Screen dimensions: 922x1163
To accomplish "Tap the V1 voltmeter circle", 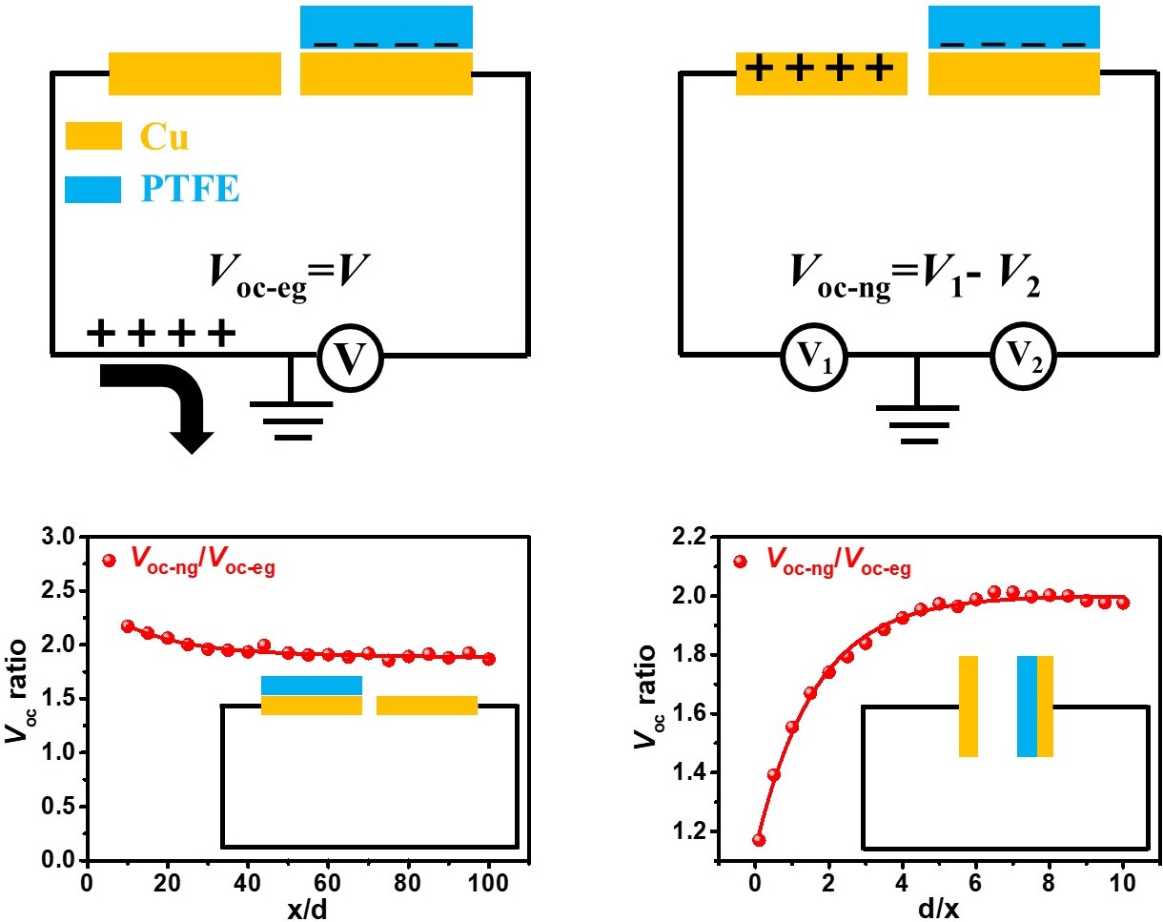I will (811, 357).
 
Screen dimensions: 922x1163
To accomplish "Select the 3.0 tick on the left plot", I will (60, 538).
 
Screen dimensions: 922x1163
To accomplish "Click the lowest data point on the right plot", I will (758, 840).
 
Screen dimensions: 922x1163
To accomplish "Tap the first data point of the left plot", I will (128, 626).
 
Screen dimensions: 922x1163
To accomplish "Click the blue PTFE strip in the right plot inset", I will (1027, 706).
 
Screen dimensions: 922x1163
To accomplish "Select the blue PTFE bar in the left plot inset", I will (312, 685).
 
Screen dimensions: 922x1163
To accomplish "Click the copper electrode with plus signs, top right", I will (821, 73).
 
